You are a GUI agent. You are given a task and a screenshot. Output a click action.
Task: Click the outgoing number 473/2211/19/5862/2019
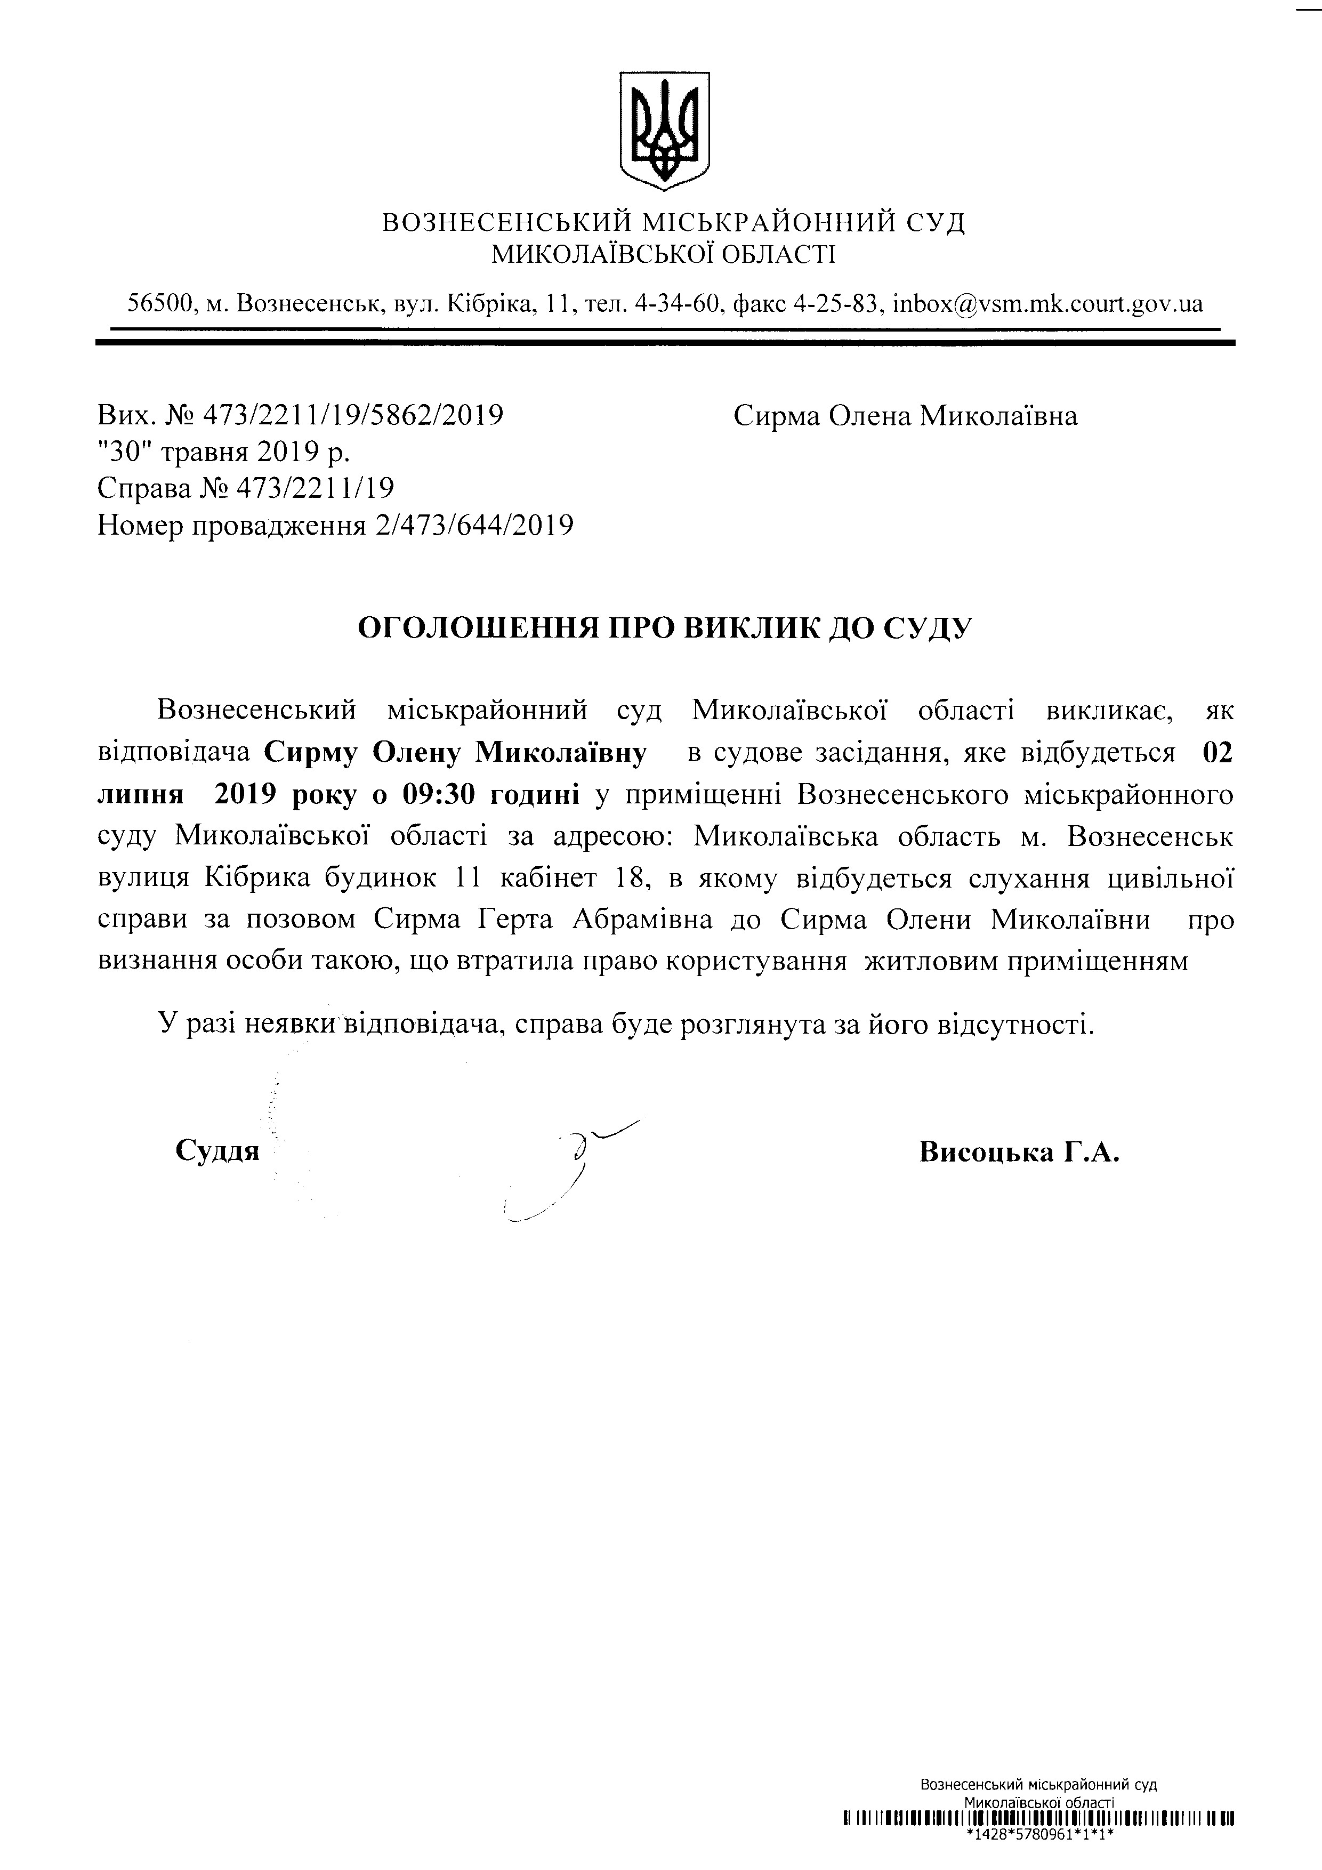pyautogui.click(x=352, y=416)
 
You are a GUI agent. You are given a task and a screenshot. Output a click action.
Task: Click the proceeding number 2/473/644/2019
pyautogui.click(x=474, y=525)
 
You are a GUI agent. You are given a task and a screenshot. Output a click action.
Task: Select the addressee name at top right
pyautogui.click(x=905, y=416)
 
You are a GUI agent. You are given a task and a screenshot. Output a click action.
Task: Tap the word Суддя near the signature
pyautogui.click(x=216, y=1151)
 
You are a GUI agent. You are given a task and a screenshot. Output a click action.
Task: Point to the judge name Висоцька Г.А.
pyautogui.click(x=1019, y=1151)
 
